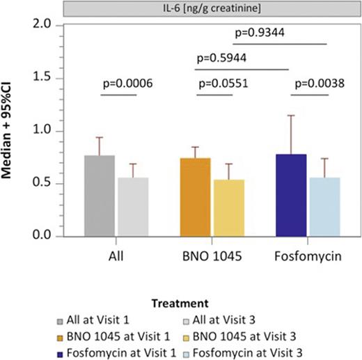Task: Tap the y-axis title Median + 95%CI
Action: [x=13, y=131]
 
